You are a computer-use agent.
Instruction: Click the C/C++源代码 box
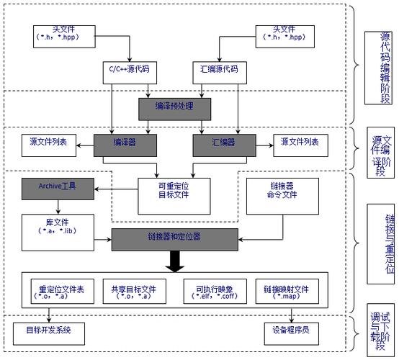127,71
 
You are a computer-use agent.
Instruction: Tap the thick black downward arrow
174,261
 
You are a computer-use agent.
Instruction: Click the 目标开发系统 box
49,333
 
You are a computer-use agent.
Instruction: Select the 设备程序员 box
291,333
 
